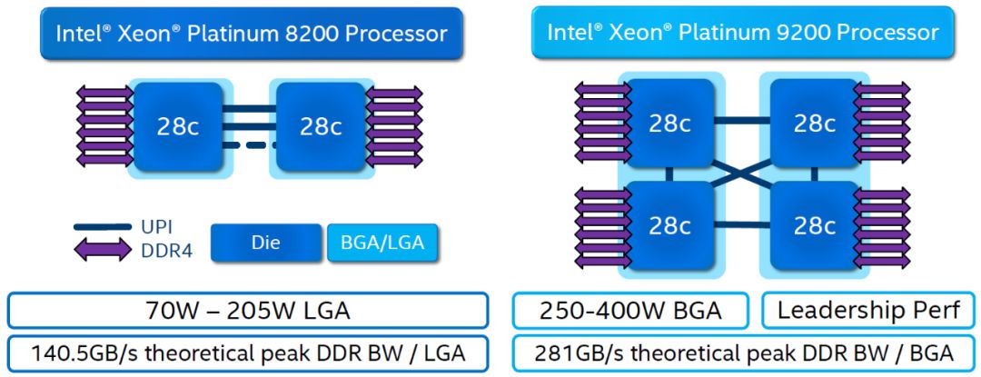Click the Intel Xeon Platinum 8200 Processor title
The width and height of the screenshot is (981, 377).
click(251, 34)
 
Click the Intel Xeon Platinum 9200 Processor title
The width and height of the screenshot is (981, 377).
click(742, 33)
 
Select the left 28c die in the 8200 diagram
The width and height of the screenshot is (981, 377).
click(178, 126)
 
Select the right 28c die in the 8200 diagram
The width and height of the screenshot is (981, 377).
click(320, 126)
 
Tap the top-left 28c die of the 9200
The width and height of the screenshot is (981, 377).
click(669, 123)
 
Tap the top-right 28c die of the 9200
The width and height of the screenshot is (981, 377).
click(814, 123)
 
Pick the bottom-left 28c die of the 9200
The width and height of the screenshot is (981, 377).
click(669, 225)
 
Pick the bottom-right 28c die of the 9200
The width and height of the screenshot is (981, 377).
click(814, 225)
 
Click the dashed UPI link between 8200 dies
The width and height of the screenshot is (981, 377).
click(250, 145)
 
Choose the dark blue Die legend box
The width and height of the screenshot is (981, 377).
click(266, 243)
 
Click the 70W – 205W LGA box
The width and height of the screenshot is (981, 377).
click(247, 312)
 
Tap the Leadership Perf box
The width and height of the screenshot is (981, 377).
click(867, 312)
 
